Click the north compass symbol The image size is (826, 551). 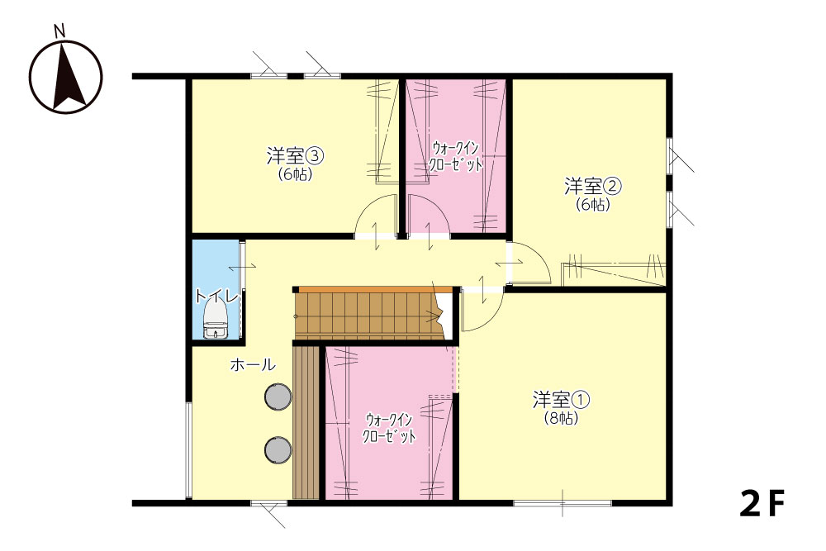pyautogui.click(x=66, y=76)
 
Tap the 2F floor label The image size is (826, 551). pyautogui.click(x=762, y=503)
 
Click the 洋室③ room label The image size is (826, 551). pyautogui.click(x=295, y=156)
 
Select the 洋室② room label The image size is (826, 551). pyautogui.click(x=592, y=186)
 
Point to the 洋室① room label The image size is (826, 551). pyautogui.click(x=561, y=400)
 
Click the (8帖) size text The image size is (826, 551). pyautogui.click(x=561, y=418)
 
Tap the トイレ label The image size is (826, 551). pyautogui.click(x=216, y=296)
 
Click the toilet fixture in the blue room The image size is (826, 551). pyautogui.click(x=216, y=320)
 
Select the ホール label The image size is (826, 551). pyautogui.click(x=252, y=364)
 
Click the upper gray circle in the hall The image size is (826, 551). pyautogui.click(x=278, y=397)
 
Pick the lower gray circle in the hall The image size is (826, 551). pyautogui.click(x=278, y=450)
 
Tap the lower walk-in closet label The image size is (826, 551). pyautogui.click(x=389, y=428)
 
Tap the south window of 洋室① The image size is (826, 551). pyautogui.click(x=563, y=503)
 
